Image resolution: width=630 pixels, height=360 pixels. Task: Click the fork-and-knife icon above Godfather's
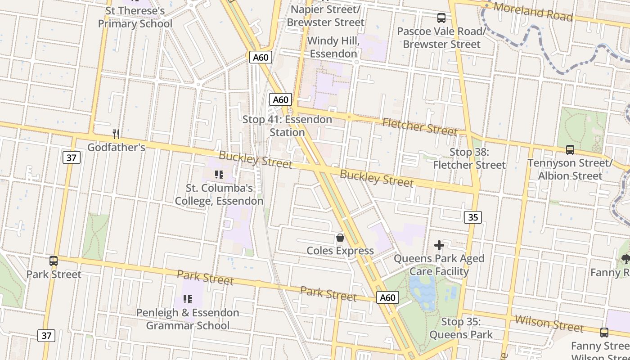tap(116, 134)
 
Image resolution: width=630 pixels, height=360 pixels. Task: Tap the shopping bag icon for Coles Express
tap(340, 237)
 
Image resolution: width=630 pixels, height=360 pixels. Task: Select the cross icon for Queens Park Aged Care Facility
tap(439, 245)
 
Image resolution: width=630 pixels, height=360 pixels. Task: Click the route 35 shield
tap(472, 217)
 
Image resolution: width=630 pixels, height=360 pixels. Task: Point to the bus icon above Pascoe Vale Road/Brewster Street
tap(441, 18)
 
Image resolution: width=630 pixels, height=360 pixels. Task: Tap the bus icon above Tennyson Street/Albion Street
tap(570, 150)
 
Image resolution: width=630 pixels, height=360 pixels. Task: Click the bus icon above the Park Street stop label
tap(54, 261)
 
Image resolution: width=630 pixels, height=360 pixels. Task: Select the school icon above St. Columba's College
tap(219, 175)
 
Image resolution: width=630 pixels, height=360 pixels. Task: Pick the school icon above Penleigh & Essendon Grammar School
tap(188, 299)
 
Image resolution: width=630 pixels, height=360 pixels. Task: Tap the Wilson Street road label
tap(549, 323)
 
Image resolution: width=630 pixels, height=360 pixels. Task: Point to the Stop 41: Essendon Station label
tap(287, 126)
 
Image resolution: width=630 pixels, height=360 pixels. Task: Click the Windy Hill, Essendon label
tap(333, 47)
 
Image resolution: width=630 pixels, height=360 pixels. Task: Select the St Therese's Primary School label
tap(135, 17)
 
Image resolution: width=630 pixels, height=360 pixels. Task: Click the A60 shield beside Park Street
tap(387, 297)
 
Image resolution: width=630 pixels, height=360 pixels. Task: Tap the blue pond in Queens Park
tap(423, 290)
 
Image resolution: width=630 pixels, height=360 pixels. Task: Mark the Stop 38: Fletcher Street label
tap(469, 158)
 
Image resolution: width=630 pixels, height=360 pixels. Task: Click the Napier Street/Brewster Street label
tap(325, 16)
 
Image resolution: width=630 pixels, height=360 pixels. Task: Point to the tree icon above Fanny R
tap(625, 259)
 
